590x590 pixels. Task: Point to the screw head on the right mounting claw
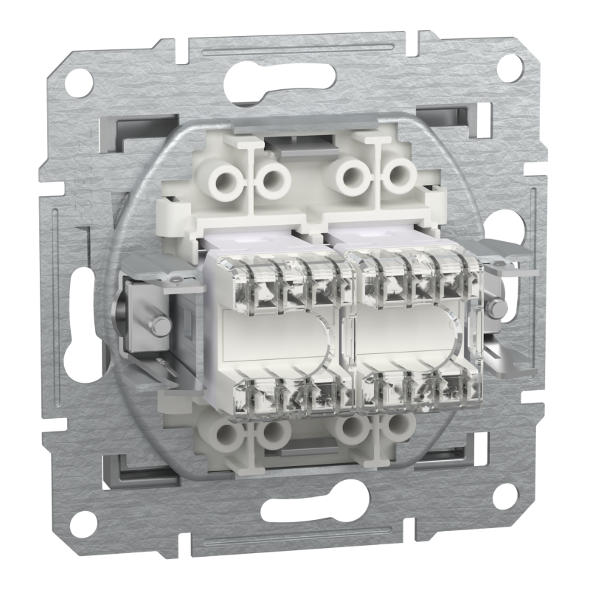coord(497,308)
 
